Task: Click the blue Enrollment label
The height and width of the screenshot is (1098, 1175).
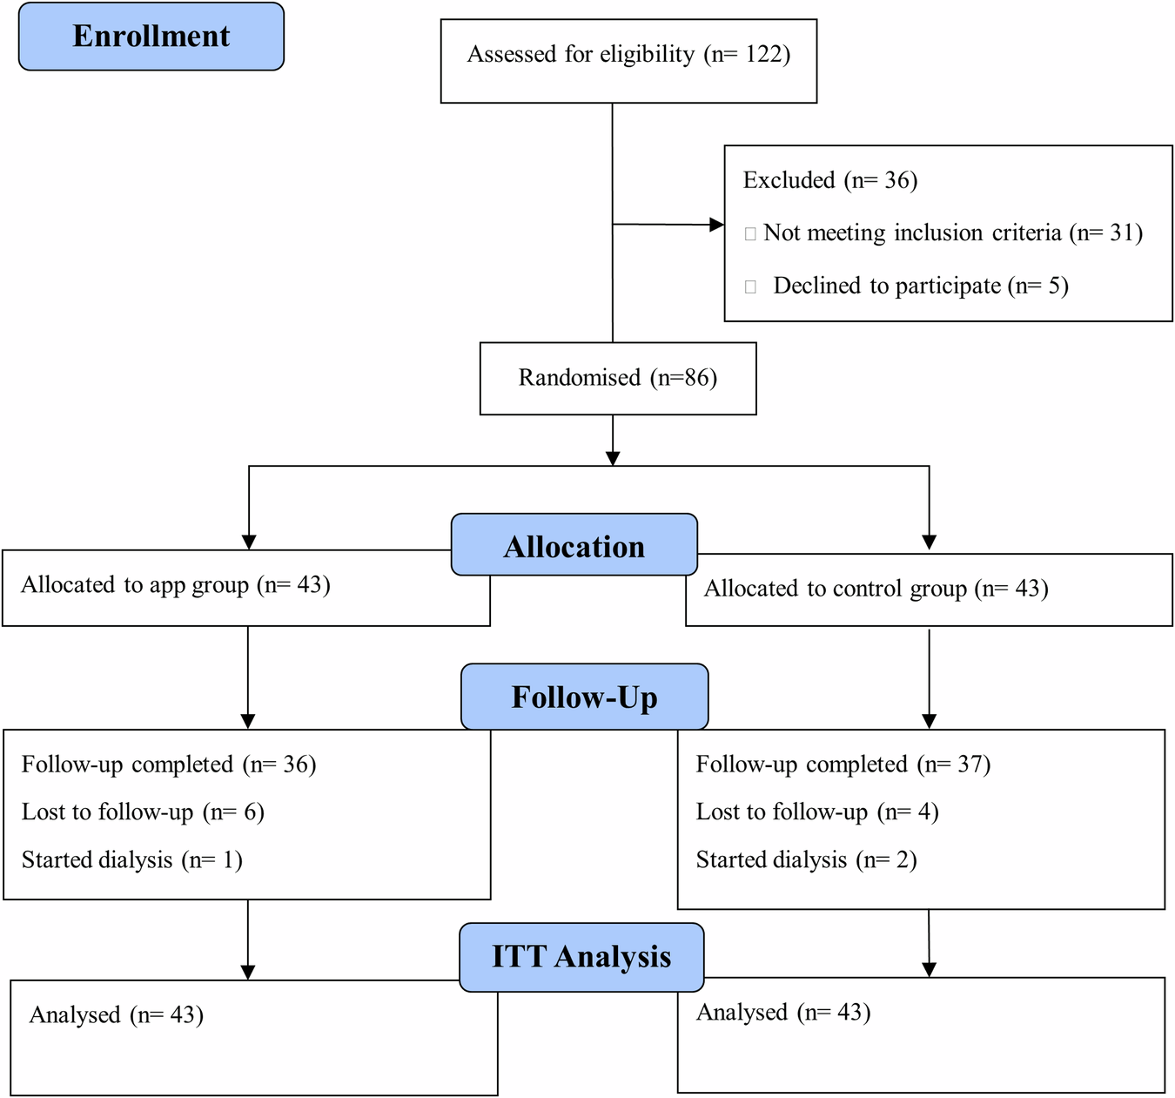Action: point(151,37)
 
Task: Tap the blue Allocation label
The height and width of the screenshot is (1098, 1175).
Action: point(574,546)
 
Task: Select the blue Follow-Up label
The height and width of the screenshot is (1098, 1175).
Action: point(584,697)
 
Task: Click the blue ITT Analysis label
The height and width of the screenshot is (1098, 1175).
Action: point(581,956)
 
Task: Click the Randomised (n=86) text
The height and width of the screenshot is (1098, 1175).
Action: point(618,378)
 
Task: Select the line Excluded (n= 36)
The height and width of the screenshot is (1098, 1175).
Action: point(829,180)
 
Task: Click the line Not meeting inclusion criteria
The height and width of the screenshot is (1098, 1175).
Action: point(952,233)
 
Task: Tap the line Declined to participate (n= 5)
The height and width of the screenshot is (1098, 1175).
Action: point(920,286)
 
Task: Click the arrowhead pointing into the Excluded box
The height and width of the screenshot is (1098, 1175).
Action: point(716,225)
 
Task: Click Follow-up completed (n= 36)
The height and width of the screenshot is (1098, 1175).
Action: point(169,765)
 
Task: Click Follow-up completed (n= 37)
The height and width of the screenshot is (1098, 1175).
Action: point(843,765)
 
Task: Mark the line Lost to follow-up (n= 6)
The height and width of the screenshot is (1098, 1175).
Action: point(143,812)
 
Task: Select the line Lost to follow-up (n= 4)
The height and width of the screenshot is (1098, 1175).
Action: point(816,812)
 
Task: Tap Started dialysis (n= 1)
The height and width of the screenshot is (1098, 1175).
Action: point(131,860)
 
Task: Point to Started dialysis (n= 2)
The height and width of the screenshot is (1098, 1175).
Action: point(806,860)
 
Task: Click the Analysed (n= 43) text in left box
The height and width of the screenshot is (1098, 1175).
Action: point(117,1015)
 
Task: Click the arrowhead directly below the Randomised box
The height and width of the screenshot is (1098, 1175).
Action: point(613,458)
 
